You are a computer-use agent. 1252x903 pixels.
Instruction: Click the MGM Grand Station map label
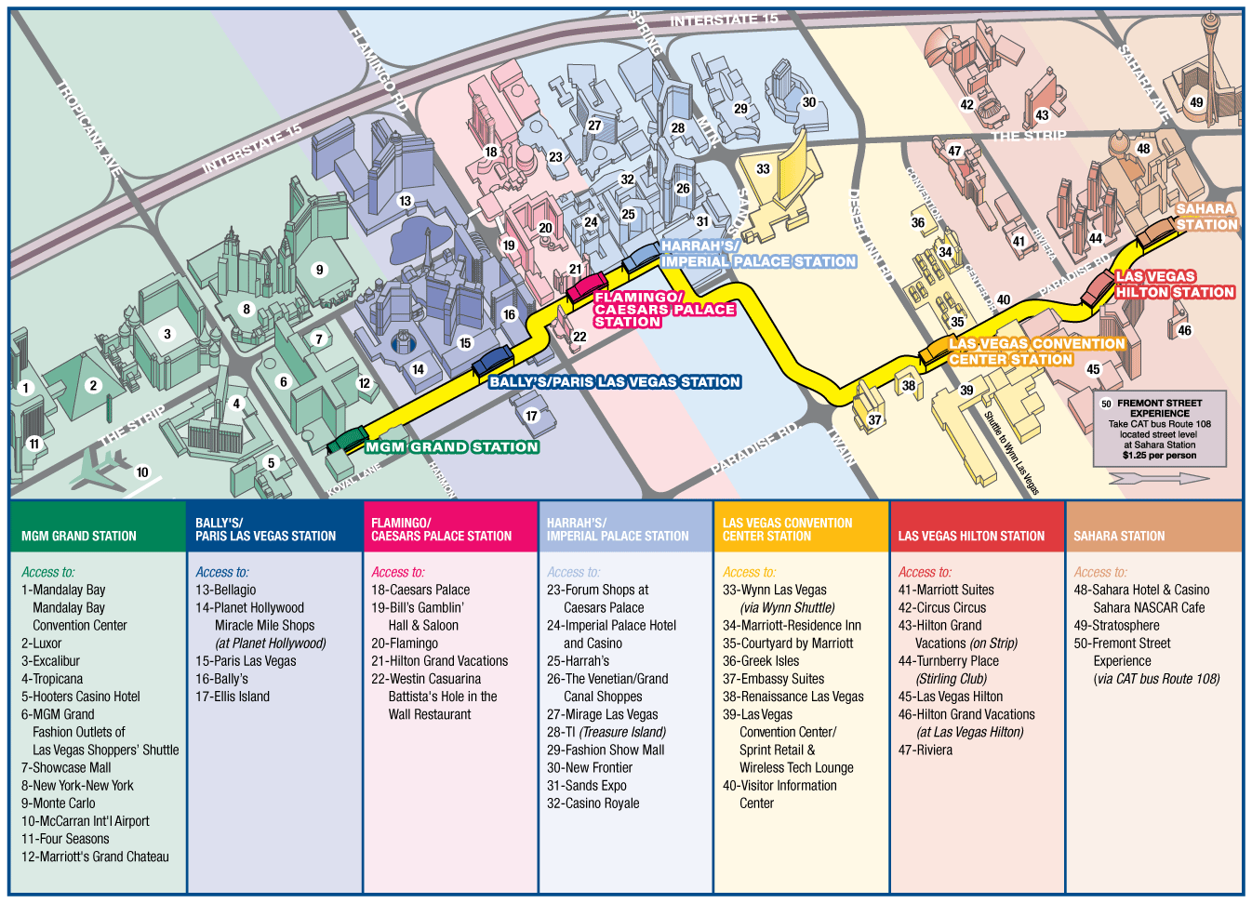tap(451, 447)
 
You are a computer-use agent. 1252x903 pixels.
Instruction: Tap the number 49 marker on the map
tap(1196, 102)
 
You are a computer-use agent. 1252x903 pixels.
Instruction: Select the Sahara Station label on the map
tap(1206, 217)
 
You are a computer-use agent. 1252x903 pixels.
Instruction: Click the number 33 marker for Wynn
tap(763, 169)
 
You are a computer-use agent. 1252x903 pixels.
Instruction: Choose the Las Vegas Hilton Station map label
tap(1175, 285)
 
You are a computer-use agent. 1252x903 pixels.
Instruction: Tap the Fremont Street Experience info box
tap(1159, 429)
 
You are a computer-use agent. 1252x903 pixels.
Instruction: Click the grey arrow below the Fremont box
tap(1159, 478)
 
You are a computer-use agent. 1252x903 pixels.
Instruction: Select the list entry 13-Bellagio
tap(225, 590)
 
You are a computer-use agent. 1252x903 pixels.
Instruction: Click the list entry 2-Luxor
tap(42, 644)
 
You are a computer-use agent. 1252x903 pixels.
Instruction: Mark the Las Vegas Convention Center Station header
tap(787, 530)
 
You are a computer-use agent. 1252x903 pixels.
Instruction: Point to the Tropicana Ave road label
tap(90, 128)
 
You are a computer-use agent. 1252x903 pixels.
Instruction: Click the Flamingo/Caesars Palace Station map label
tap(664, 310)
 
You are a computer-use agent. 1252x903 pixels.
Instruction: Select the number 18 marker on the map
tap(490, 152)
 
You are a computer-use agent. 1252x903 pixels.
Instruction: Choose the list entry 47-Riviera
tap(926, 750)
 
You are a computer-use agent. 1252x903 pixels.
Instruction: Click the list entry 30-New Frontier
tap(590, 768)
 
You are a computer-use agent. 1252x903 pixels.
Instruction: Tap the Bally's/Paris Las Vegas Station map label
tap(615, 382)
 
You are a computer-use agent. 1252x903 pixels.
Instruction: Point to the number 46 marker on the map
tap(1184, 330)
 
